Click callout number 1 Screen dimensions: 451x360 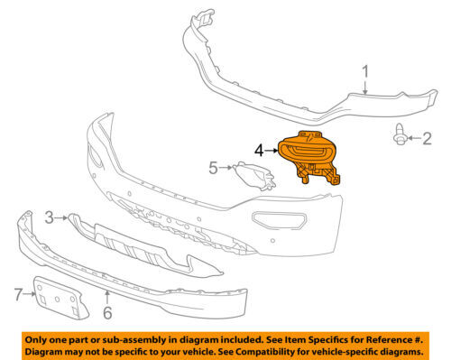(365, 71)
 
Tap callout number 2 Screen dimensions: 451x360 (428, 138)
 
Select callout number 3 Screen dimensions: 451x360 (50, 217)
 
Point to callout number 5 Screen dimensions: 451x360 (213, 167)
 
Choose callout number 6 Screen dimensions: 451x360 (106, 313)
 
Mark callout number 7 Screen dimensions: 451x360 (17, 292)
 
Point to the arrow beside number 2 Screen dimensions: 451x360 (416, 138)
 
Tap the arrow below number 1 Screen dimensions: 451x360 (364, 88)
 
